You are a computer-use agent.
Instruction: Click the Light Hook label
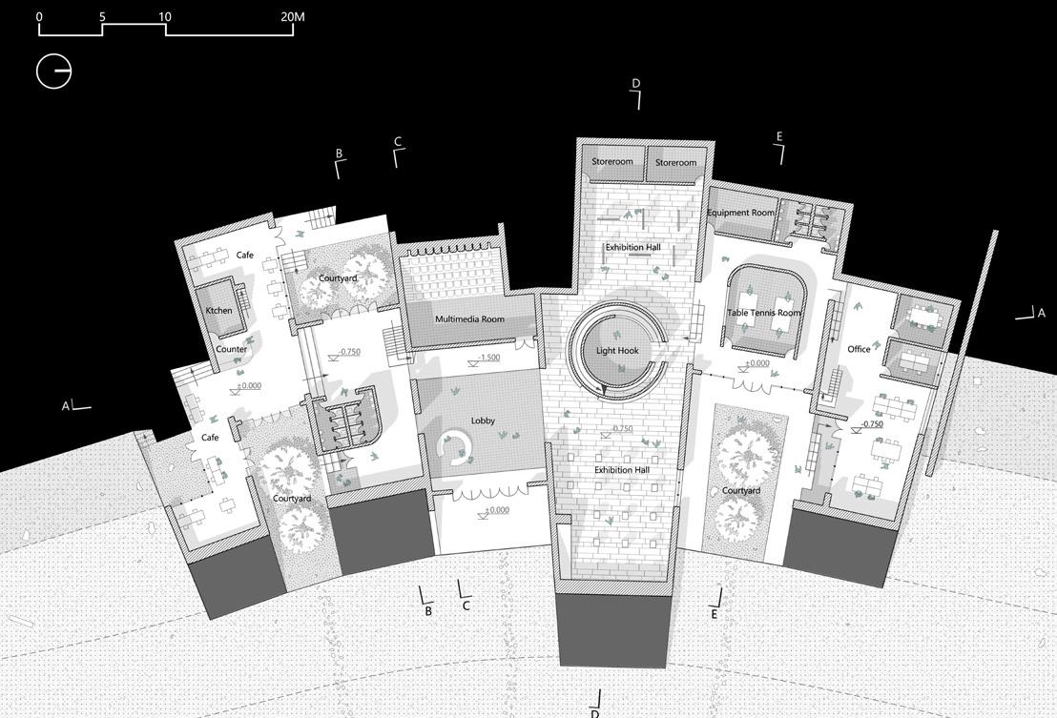coord(617,351)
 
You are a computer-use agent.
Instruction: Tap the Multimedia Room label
coord(469,319)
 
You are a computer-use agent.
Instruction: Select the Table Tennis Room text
coord(764,313)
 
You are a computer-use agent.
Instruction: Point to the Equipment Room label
coord(740,213)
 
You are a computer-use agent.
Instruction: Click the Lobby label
coord(483,421)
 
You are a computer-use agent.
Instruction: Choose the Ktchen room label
coord(218,311)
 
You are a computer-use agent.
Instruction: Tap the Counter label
coord(231,350)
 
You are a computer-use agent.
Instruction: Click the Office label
coord(859,349)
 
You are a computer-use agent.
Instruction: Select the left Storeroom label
coord(611,162)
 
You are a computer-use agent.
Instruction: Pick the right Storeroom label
coord(675,163)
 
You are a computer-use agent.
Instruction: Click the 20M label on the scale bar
coord(293,17)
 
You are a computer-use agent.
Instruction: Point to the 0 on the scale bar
coord(39,17)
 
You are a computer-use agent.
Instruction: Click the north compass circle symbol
coord(53,72)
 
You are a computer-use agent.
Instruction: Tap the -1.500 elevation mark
coord(488,359)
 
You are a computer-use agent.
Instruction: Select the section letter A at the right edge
coord(1042,313)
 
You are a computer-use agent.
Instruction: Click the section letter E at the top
coord(778,137)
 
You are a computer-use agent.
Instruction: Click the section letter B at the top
coord(339,154)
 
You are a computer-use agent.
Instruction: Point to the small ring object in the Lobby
coord(454,445)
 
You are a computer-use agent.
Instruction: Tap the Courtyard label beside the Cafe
coord(338,278)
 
